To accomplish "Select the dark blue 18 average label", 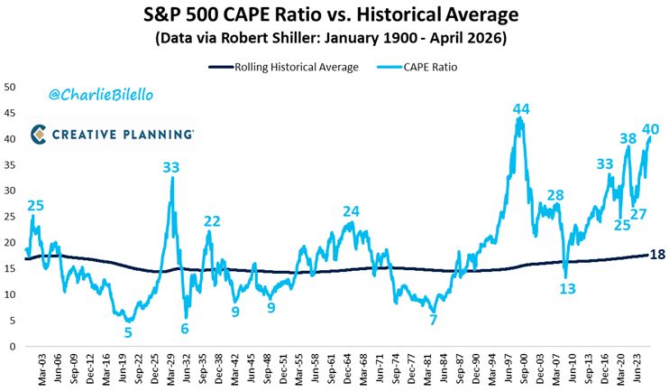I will click(x=657, y=255).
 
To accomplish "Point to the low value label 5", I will click(x=128, y=331).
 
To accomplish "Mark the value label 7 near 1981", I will click(x=433, y=320).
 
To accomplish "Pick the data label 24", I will click(x=351, y=212).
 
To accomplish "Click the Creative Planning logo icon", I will click(x=40, y=135).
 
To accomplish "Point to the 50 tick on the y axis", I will click(x=11, y=87).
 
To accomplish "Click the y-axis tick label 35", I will click(x=11, y=164).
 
